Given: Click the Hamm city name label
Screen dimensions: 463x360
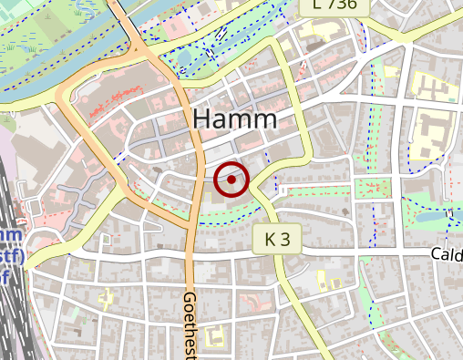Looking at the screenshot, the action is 234,119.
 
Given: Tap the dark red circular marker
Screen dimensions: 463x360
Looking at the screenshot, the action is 231,180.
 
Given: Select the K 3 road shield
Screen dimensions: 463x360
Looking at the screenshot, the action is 277,240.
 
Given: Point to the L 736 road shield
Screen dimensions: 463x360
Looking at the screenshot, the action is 334,5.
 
